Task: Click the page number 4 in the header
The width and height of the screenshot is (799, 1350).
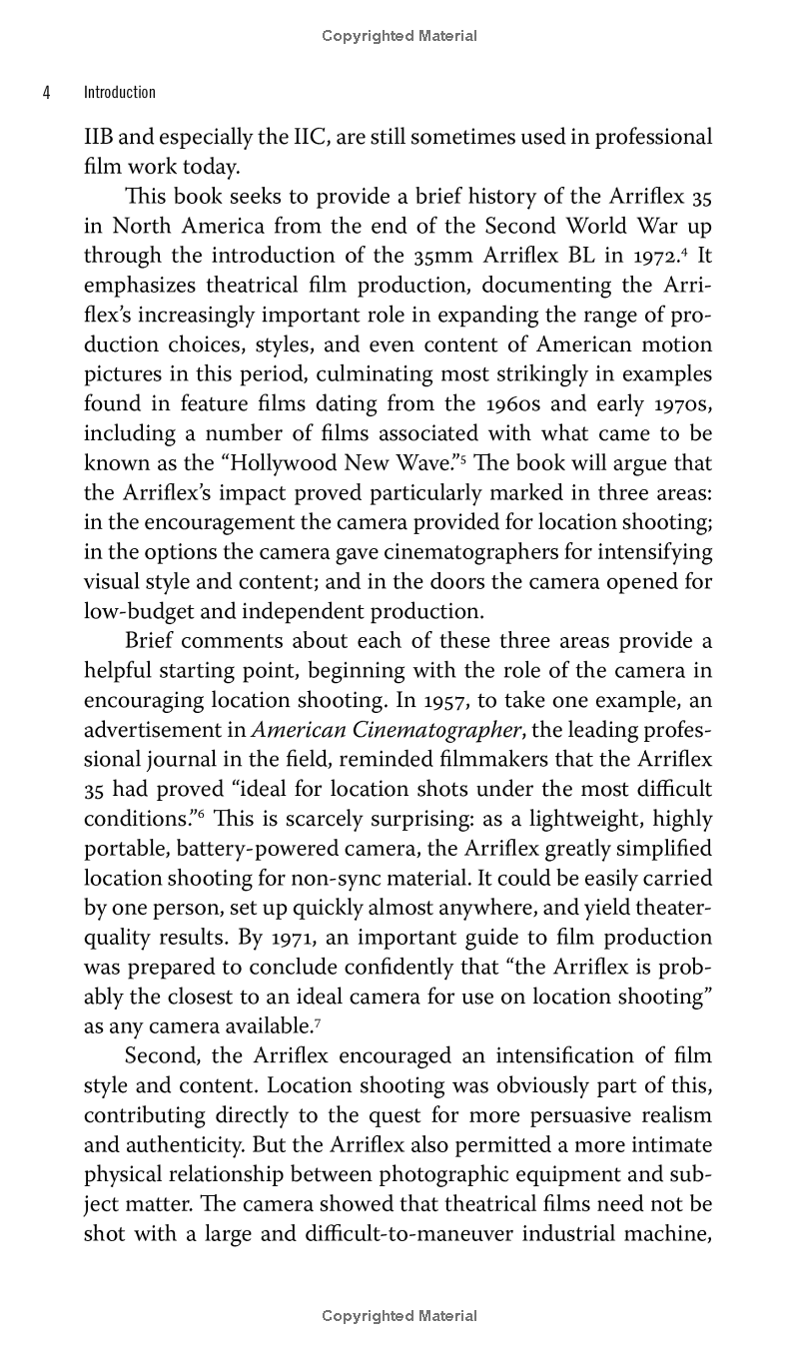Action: (46, 93)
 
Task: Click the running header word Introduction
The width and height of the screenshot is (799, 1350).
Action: (119, 93)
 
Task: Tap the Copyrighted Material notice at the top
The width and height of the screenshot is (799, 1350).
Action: (399, 36)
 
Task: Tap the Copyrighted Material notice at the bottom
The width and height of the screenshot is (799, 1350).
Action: (399, 1316)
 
